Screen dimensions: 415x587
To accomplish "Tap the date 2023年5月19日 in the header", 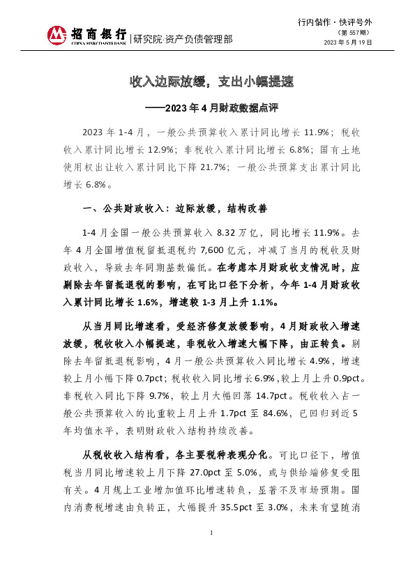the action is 348,43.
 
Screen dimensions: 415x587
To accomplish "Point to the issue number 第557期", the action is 354,33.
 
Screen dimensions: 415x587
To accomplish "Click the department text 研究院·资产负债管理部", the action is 183,39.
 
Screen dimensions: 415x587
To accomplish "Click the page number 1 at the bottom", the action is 211,551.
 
